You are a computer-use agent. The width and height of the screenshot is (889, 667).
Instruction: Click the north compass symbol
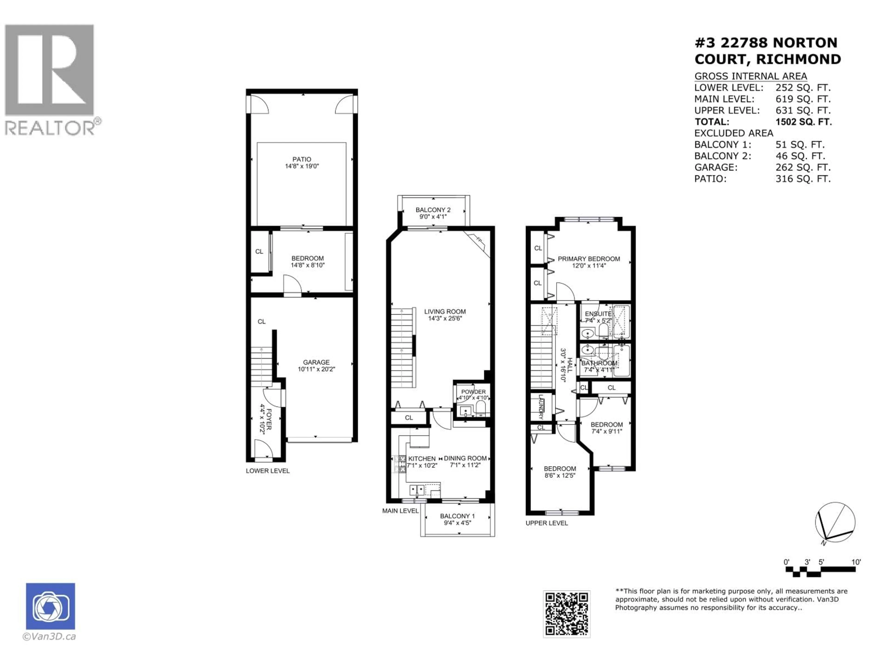(835, 523)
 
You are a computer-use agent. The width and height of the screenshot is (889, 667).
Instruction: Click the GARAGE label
(316, 362)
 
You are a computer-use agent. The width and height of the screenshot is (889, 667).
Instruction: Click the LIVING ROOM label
(445, 311)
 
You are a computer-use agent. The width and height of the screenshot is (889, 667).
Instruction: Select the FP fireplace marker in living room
(479, 240)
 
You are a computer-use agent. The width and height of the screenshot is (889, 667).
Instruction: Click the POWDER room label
(473, 392)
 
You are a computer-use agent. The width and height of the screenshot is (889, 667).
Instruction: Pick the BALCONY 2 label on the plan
(433, 210)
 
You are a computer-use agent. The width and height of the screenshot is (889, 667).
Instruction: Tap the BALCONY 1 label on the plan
(457, 516)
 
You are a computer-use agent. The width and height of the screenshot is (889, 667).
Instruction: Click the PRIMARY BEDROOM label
(589, 259)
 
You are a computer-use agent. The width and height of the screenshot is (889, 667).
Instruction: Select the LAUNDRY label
(541, 407)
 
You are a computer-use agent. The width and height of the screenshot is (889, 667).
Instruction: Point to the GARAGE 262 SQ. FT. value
(803, 167)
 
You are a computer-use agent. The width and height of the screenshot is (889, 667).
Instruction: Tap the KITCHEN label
(422, 459)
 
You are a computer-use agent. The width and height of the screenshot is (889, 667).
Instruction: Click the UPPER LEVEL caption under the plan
(547, 523)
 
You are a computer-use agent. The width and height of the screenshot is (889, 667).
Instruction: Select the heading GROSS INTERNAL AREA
(750, 76)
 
